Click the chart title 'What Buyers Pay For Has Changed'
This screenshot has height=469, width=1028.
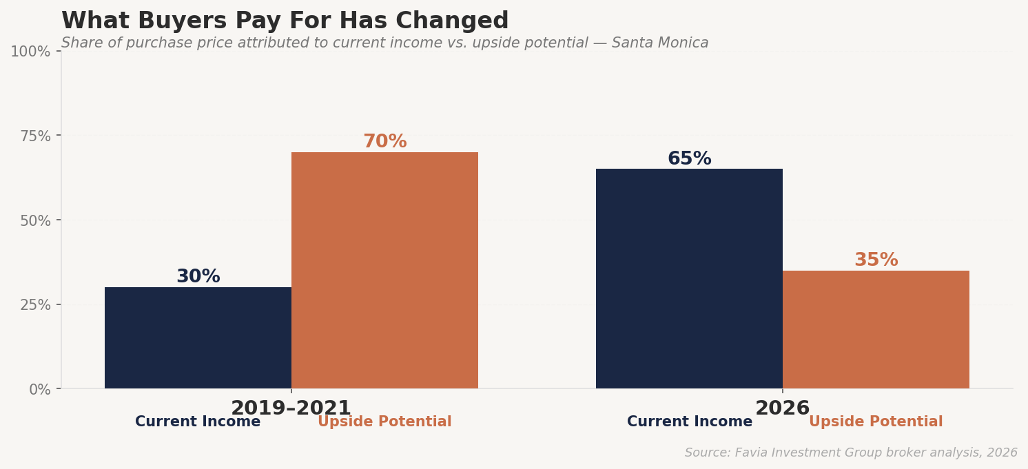285,21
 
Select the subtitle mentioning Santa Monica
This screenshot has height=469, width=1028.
384,43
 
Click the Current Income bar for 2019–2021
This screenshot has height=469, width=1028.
198,338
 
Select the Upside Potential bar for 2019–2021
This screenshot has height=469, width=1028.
384,271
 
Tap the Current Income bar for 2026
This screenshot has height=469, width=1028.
689,279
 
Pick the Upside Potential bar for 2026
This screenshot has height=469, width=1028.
876,330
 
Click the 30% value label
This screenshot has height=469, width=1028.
198,277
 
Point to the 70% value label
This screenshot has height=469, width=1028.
384,142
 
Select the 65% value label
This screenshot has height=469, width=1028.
689,159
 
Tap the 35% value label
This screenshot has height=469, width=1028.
876,260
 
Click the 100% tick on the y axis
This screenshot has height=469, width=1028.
30,52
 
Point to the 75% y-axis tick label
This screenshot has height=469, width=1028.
35,136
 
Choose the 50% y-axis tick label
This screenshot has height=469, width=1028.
35,221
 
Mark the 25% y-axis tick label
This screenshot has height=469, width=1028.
35,305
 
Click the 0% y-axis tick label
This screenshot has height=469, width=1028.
40,390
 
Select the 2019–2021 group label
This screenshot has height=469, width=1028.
291,408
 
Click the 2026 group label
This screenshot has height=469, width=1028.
782,408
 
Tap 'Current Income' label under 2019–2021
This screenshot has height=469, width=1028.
198,422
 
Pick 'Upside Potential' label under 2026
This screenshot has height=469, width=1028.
876,422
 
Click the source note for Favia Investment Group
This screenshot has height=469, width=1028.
851,453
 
